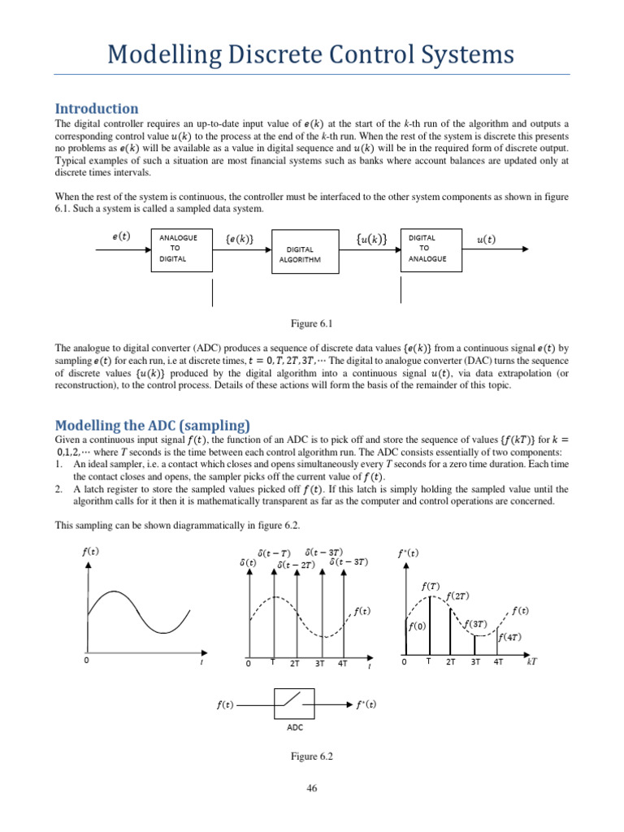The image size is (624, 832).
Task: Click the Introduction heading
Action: click(x=96, y=108)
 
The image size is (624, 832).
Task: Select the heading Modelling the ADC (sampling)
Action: click(x=152, y=425)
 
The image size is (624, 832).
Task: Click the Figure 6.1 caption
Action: click(x=312, y=324)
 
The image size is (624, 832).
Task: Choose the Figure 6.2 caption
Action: click(x=312, y=756)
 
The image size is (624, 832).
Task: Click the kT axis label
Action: click(x=532, y=662)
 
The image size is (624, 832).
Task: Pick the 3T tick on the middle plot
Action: click(x=320, y=663)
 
